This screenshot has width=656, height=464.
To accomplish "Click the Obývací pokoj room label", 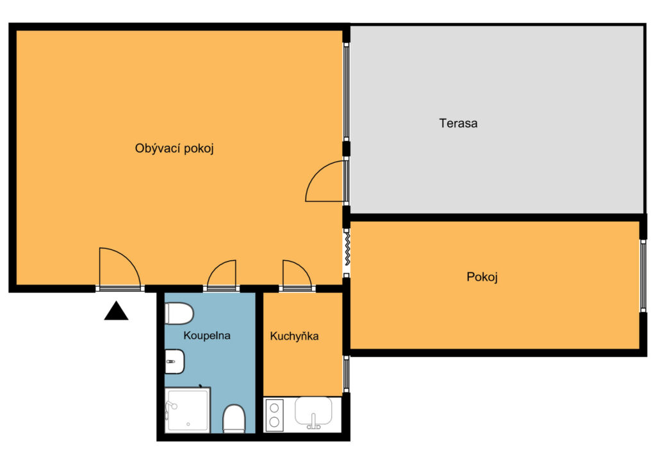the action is (174, 149).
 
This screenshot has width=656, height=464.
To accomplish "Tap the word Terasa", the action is (458, 124).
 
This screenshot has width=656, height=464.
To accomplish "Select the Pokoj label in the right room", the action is (482, 277).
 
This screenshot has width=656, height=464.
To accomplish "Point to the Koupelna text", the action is (207, 336).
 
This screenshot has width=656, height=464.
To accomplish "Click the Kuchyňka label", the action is (294, 336).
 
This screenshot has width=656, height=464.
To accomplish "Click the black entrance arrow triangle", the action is (117, 311).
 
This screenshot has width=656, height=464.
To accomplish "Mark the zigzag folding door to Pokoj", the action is (347, 249).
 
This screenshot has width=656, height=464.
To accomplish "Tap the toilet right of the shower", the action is (234, 418).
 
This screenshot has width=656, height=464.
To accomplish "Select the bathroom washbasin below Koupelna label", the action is (174, 361).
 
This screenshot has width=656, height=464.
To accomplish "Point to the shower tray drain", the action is (188, 424).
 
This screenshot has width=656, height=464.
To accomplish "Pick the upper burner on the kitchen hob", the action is (274, 408).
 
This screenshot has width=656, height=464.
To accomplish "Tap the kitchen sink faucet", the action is (313, 422).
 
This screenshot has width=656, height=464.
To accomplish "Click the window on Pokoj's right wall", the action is (643, 276).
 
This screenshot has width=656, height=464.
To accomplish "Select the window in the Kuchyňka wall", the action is (346, 374).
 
